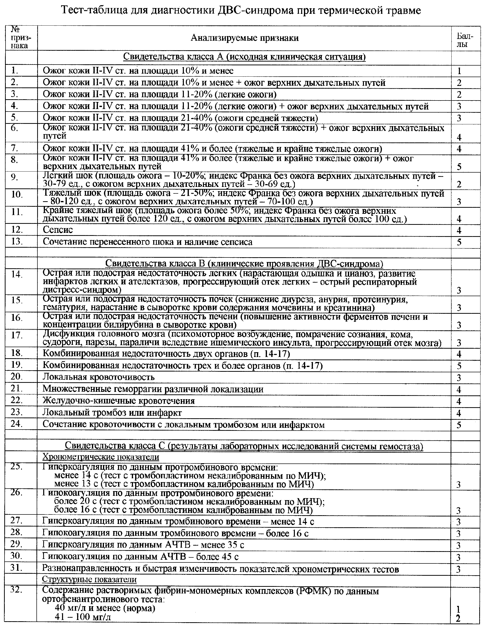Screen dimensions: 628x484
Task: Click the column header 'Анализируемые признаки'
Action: pyautogui.click(x=244, y=38)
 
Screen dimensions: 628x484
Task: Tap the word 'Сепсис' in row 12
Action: pyautogui.click(x=58, y=230)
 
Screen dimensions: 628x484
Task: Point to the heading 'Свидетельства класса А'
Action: pyautogui.click(x=244, y=57)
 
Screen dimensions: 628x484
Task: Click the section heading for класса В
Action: pyautogui.click(x=244, y=264)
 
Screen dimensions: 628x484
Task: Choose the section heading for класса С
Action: pyautogui.click(x=244, y=445)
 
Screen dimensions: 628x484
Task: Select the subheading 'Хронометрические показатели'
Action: pyautogui.click(x=101, y=457)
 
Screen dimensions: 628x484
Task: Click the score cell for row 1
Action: pyautogui.click(x=459, y=71)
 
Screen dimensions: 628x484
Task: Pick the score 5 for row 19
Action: pyautogui.click(x=459, y=366)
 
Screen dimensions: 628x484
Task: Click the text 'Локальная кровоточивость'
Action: pyautogui.click(x=99, y=377)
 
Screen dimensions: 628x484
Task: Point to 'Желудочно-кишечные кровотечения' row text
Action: pyautogui.click(x=119, y=401)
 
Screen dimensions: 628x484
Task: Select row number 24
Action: pyautogui.click(x=17, y=424)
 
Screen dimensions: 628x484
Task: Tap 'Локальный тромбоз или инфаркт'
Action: pyautogui.click(x=112, y=413)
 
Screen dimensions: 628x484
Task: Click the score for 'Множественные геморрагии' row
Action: pyautogui.click(x=459, y=390)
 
